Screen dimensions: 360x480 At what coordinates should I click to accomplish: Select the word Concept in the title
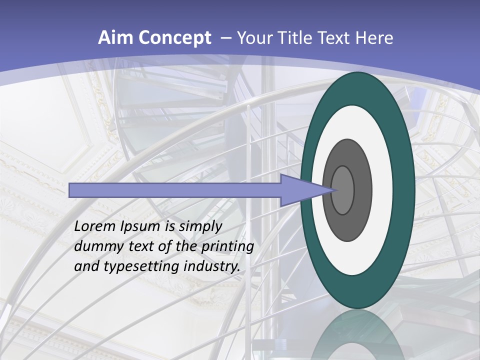pyautogui.click(x=174, y=38)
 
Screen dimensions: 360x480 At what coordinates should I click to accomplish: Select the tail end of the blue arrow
pyautogui.click(x=71, y=190)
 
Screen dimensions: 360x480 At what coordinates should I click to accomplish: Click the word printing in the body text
pyautogui.click(x=227, y=247)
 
